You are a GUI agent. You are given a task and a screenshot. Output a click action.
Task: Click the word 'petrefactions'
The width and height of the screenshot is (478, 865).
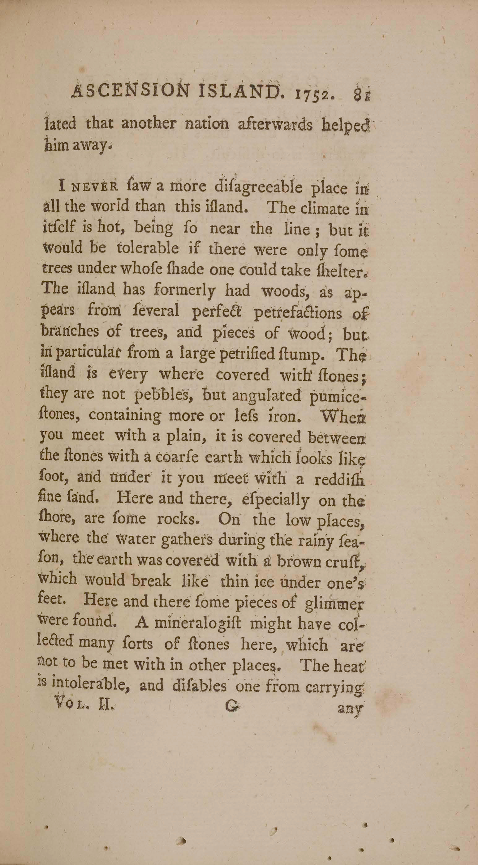point(297,313)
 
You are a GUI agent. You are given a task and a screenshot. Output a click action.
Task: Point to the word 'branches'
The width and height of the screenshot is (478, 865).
point(69,332)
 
